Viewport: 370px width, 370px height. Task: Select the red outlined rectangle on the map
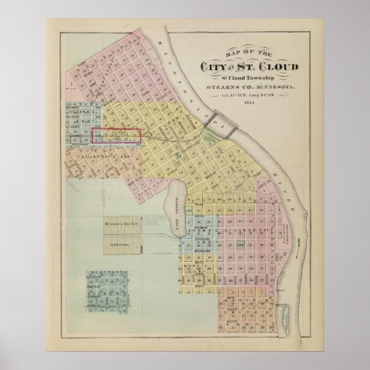[x=117, y=136]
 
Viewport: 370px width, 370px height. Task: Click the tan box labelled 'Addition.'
[x=124, y=245]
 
